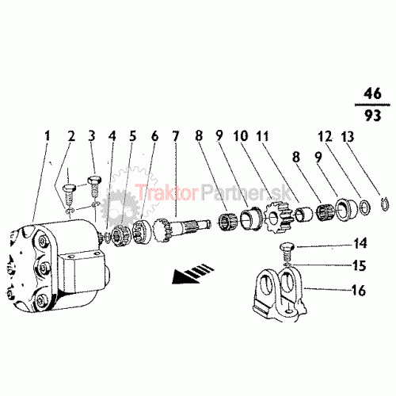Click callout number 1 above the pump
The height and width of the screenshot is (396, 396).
[x=47, y=136]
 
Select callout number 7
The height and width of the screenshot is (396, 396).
[x=176, y=136]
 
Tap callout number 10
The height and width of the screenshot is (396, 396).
[x=241, y=135]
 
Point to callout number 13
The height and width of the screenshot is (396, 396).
[x=348, y=137]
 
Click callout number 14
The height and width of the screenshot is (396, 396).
[x=360, y=243]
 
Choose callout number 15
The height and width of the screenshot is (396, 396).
[x=360, y=265]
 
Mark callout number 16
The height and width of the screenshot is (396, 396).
[x=359, y=290]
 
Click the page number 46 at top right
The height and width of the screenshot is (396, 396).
[x=372, y=93]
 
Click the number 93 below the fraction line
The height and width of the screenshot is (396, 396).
[x=372, y=116]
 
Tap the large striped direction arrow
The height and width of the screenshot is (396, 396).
[x=192, y=272]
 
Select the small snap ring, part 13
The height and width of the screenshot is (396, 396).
[x=386, y=204]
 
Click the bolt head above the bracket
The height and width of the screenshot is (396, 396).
[x=287, y=248]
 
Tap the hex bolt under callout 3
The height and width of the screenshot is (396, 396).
[x=94, y=187]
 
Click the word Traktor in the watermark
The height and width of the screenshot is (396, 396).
[x=166, y=192]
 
